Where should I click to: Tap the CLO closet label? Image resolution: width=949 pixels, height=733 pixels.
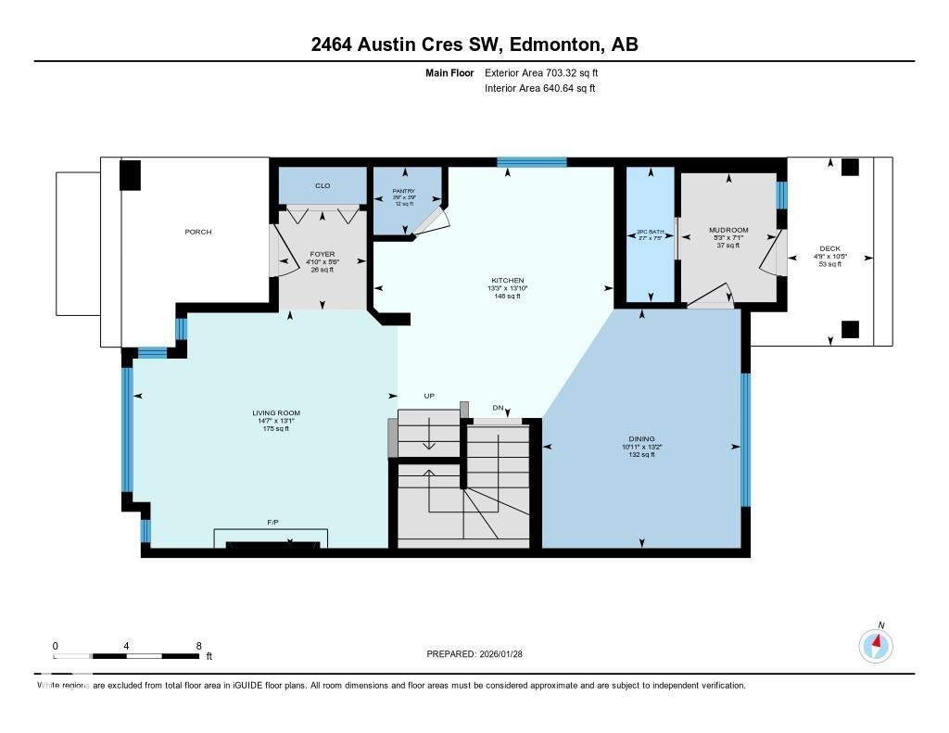pos(323,186)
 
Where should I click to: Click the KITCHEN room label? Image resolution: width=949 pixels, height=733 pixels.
pos(508,281)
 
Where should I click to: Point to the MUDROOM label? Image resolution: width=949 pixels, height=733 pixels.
pos(728,230)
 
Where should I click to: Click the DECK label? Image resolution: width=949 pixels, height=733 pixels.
pos(829,248)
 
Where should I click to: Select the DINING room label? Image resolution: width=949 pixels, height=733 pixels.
pos(641,439)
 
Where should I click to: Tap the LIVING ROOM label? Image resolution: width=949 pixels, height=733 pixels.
pos(276,413)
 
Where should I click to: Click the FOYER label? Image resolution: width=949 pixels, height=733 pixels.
pos(323,254)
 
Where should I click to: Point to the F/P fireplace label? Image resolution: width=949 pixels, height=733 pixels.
pos(272,523)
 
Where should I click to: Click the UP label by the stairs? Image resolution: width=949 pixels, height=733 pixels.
pos(429,396)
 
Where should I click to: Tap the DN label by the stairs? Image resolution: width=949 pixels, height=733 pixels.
pos(498,408)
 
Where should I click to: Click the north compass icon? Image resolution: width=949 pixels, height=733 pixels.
pos(876,644)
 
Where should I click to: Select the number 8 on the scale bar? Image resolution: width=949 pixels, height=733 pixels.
pos(198,645)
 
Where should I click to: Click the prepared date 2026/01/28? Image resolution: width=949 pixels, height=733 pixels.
pos(508,654)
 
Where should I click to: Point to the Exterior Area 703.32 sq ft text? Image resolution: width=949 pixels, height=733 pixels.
pos(548,72)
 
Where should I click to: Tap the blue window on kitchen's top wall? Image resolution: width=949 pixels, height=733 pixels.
pos(531,162)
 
